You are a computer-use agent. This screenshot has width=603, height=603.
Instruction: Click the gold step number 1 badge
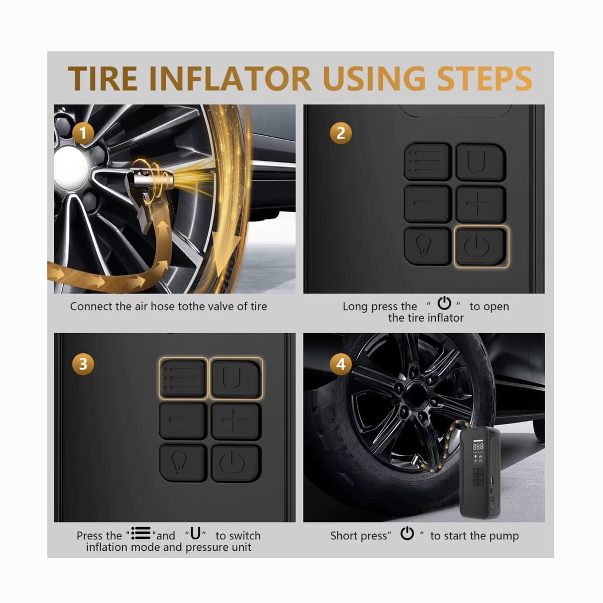83,133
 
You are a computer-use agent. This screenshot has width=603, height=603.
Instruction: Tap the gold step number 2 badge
341,133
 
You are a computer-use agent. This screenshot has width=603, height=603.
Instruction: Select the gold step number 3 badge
83,364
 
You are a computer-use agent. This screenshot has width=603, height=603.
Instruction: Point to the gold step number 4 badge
341,364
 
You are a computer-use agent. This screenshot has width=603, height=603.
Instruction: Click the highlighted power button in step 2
481,247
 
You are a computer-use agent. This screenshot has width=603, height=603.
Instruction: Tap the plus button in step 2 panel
481,204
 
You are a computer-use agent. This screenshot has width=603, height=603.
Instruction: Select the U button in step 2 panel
481,162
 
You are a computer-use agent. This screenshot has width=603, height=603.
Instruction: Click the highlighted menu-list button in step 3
183,378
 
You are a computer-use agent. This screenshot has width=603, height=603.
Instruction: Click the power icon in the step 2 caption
444,303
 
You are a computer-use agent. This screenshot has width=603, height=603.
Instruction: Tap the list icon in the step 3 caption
141,533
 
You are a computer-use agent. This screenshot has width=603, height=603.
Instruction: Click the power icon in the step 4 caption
407,533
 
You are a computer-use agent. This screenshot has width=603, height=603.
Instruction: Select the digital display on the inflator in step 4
478,446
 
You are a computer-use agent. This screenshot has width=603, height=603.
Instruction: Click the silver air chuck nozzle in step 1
151,179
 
